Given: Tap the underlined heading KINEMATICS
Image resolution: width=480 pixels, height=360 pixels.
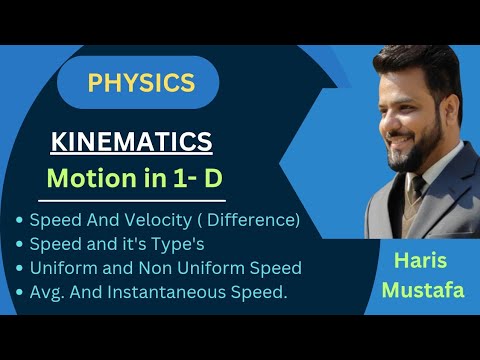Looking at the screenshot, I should [x=132, y=143].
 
